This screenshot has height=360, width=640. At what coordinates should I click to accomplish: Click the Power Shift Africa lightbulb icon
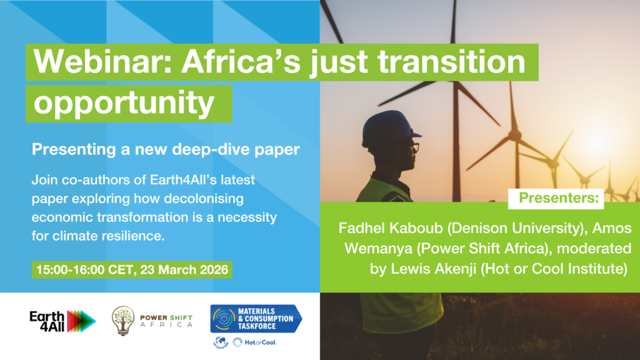click(123, 319)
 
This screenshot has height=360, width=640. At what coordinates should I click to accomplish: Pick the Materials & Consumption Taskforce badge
click(256, 318)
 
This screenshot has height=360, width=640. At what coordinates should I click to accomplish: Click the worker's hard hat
click(389, 128)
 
